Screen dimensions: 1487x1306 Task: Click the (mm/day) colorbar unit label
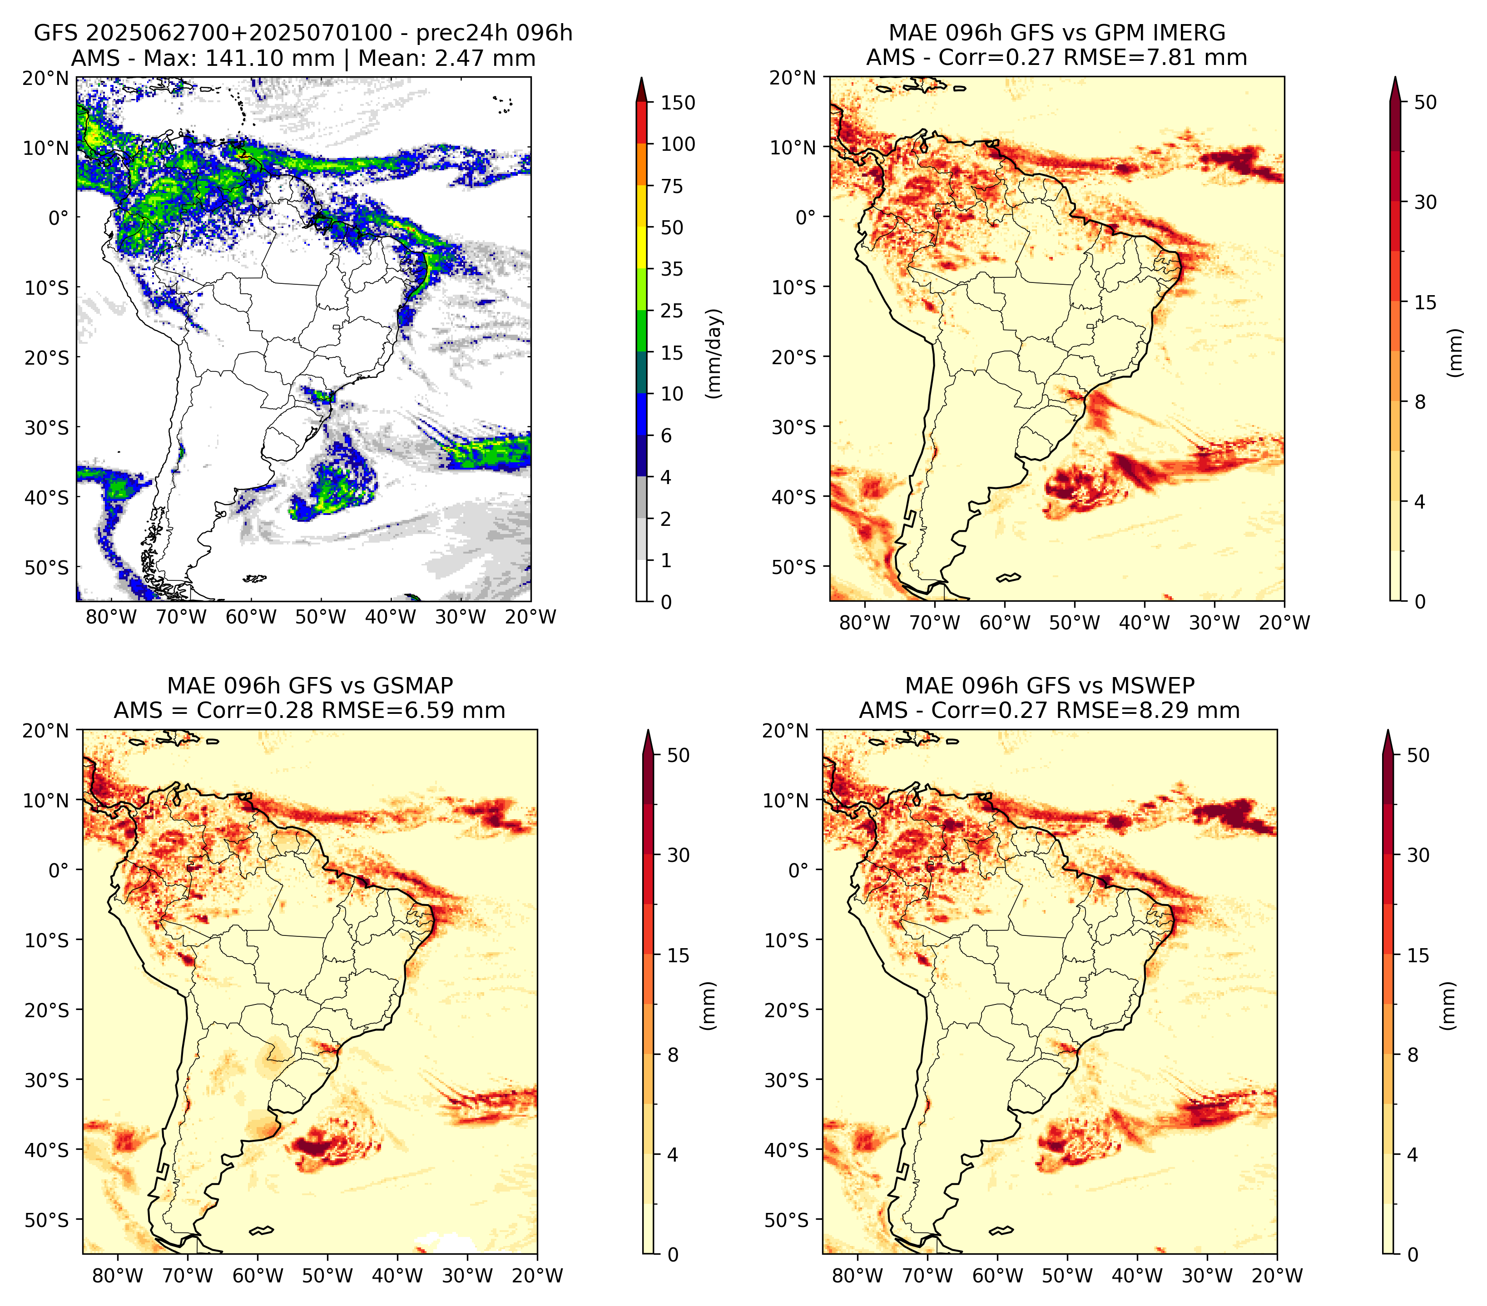pos(715,353)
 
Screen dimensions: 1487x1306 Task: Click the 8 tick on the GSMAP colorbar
pos(672,1054)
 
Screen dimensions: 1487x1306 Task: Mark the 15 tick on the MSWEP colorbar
pos(1418,955)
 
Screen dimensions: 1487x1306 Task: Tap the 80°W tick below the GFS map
pos(111,617)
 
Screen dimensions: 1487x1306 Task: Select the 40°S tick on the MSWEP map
pos(787,1150)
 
